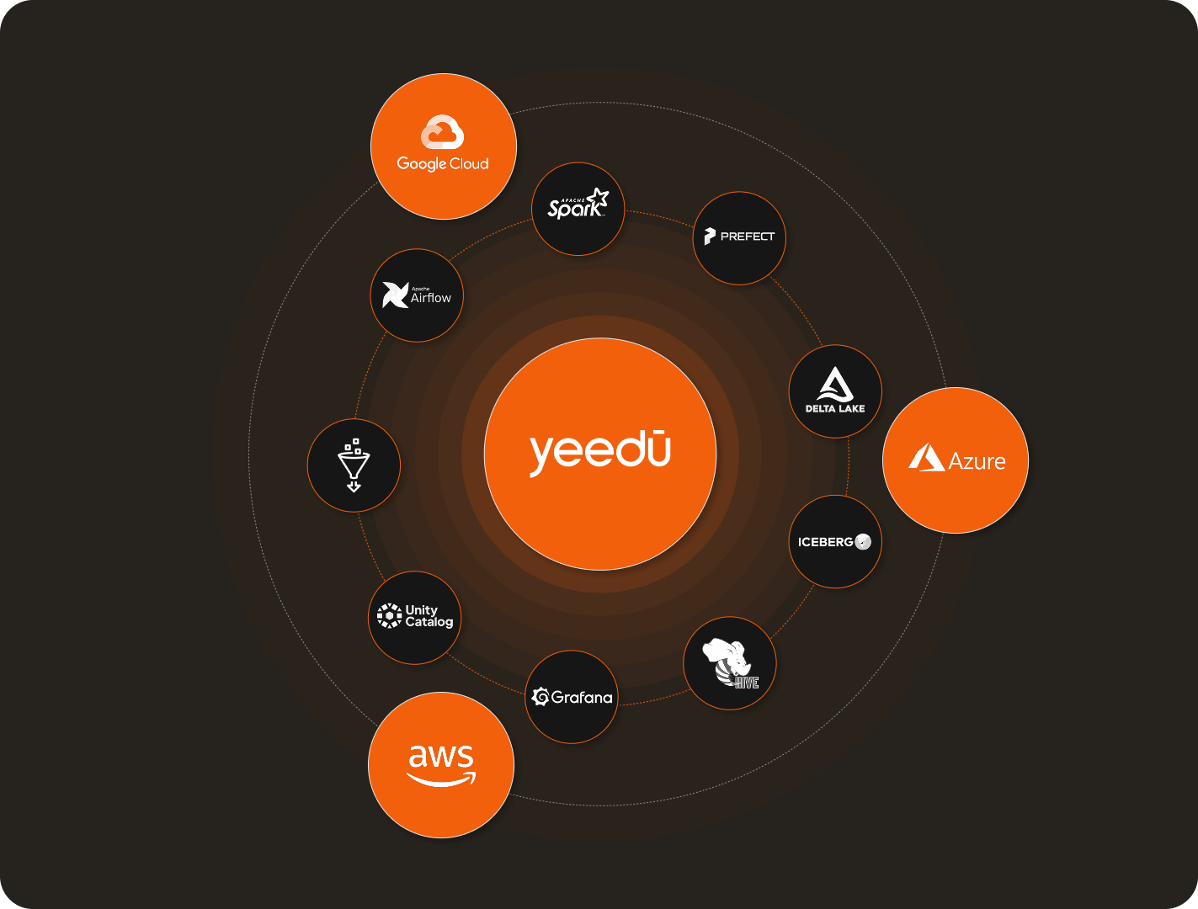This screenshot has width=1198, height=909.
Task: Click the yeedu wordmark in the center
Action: (x=599, y=453)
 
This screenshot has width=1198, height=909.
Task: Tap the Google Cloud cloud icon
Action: (x=443, y=133)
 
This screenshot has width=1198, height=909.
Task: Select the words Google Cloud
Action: (x=443, y=163)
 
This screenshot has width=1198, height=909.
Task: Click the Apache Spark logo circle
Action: (x=578, y=209)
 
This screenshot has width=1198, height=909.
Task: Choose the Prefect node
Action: (x=738, y=237)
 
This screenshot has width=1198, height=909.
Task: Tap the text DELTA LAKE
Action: (x=835, y=409)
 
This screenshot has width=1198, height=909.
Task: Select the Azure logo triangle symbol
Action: (x=926, y=458)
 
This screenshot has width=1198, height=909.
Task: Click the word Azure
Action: (x=977, y=461)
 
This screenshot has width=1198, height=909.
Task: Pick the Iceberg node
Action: (x=834, y=542)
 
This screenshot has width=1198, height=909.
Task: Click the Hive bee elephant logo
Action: (x=729, y=662)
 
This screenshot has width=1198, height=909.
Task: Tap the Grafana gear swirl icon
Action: (x=540, y=697)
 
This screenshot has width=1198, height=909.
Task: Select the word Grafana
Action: (x=582, y=697)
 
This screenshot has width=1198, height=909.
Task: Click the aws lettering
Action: (x=440, y=756)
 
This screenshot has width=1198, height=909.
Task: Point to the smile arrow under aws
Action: (x=441, y=779)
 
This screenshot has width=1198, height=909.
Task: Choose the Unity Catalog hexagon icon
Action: (x=389, y=615)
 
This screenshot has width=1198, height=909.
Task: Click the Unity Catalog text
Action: (x=429, y=616)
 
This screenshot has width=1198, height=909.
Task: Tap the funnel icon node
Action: (x=354, y=465)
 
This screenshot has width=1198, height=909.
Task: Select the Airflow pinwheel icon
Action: (x=395, y=295)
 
